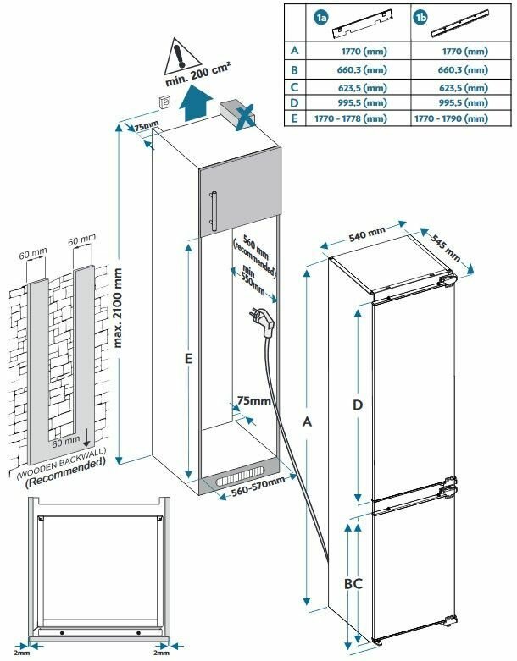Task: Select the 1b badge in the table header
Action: pyautogui.click(x=421, y=17)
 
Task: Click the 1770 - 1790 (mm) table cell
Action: pyautogui.click(x=451, y=119)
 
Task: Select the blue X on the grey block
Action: pyautogui.click(x=245, y=115)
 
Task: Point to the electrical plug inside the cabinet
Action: pyautogui.click(x=260, y=319)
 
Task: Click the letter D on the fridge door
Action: pyautogui.click(x=358, y=405)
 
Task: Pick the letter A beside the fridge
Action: pyautogui.click(x=306, y=421)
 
